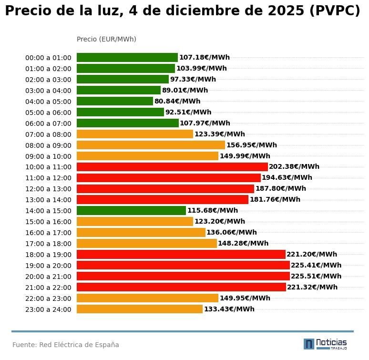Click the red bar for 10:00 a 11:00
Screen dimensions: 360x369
point(172,167)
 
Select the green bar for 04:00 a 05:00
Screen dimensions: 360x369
point(115,101)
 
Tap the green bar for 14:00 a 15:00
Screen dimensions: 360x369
point(131,211)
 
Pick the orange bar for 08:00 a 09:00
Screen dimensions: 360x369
point(151,145)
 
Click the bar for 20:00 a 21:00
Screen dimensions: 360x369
point(183,276)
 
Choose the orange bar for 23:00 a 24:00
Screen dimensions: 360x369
point(140,309)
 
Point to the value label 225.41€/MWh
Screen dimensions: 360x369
point(316,266)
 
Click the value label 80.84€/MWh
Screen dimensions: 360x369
point(177,102)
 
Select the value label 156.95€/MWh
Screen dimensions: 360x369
point(251,145)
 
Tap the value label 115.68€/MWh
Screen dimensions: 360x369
point(212,211)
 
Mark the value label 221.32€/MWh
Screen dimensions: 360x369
point(312,288)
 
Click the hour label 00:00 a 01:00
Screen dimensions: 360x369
point(48,58)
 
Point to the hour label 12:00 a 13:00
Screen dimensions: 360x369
point(48,189)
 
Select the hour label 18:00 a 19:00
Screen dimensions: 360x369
point(48,255)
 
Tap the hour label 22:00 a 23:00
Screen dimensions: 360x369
point(48,298)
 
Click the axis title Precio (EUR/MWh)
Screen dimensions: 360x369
point(106,39)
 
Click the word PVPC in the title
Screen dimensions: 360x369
point(334,11)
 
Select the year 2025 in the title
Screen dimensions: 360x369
point(280,11)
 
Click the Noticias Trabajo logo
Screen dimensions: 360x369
point(325,344)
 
